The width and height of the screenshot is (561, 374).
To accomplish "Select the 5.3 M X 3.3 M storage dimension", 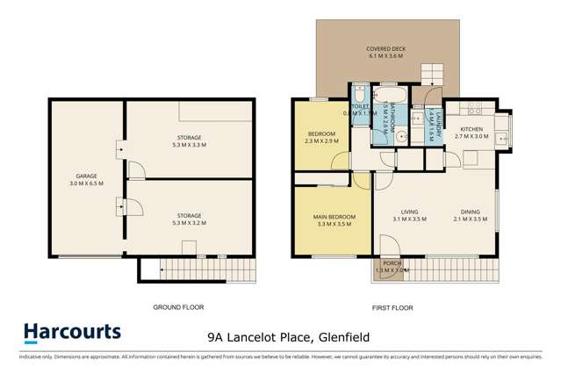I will (189, 146).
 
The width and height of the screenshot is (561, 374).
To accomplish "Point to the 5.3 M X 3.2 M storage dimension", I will (189, 223).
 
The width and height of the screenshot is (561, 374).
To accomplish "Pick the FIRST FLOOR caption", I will (392, 307).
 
